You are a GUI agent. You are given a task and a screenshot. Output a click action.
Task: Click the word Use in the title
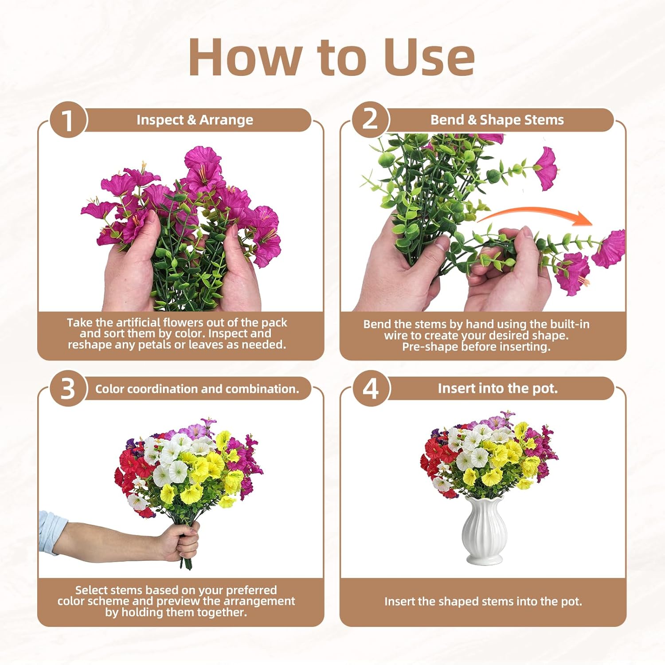[x=429, y=58]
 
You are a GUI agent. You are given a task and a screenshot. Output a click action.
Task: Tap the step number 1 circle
[x=67, y=120]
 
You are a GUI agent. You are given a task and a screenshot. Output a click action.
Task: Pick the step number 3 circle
[x=67, y=389]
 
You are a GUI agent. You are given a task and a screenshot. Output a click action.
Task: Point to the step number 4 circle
[x=371, y=389]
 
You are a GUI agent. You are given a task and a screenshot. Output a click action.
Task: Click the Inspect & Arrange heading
[x=195, y=120]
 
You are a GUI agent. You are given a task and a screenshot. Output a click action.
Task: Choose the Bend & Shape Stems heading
[x=497, y=120]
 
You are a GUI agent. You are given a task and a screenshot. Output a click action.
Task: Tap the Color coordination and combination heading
[x=197, y=389]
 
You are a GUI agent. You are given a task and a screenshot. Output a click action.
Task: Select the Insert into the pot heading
[x=497, y=388]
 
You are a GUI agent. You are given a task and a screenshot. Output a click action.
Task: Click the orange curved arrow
[x=536, y=215]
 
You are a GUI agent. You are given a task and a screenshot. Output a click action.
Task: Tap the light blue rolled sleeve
[x=52, y=532]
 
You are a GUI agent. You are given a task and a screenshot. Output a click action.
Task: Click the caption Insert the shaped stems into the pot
[x=483, y=602]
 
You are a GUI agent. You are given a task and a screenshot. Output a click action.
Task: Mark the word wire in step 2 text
[x=396, y=336]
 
